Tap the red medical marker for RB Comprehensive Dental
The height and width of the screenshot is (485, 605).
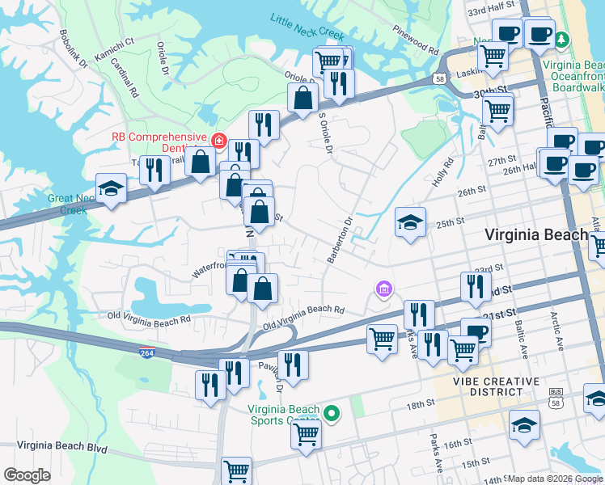coord(218,141)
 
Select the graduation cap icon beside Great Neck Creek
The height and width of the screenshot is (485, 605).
coord(111,189)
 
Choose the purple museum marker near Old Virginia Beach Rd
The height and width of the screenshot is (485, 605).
coord(383,289)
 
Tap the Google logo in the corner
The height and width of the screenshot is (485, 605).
coord(27,474)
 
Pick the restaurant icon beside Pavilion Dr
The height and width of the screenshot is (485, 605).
coord(293,364)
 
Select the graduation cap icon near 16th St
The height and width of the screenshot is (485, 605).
coord(524,425)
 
